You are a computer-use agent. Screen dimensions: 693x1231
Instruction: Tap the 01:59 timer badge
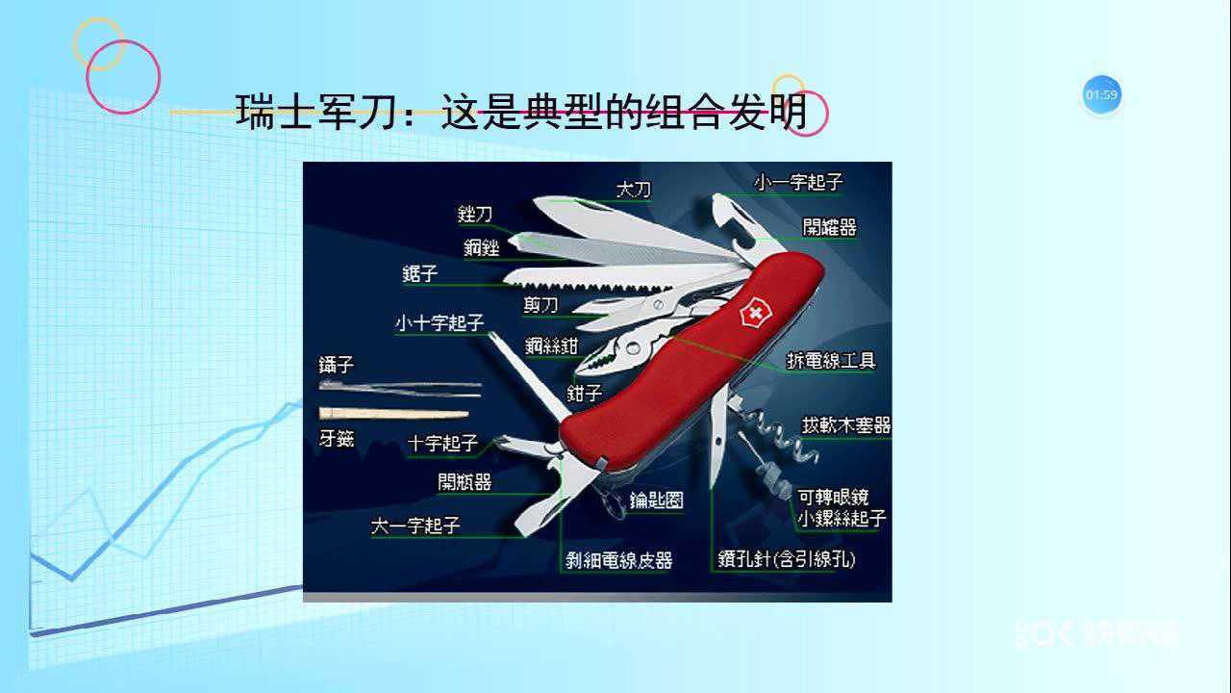pyautogui.click(x=1101, y=95)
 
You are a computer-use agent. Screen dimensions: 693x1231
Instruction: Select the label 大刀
pyautogui.click(x=633, y=190)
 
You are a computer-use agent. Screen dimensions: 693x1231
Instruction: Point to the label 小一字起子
pyautogui.click(x=798, y=182)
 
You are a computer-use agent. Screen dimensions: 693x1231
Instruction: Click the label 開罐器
pyautogui.click(x=829, y=227)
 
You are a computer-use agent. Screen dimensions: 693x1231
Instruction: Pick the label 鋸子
pyautogui.click(x=420, y=274)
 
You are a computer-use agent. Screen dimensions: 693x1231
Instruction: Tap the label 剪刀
pyautogui.click(x=540, y=306)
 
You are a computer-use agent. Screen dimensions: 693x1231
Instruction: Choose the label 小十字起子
pyautogui.click(x=439, y=323)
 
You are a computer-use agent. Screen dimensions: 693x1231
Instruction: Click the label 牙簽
pyautogui.click(x=337, y=438)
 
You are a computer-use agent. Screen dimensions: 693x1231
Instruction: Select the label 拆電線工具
pyautogui.click(x=831, y=361)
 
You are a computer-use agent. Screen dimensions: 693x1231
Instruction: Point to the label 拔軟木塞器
pyautogui.click(x=846, y=424)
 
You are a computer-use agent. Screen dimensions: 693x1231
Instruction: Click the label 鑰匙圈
pyautogui.click(x=656, y=500)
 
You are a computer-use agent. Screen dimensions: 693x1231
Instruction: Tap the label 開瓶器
pyautogui.click(x=465, y=481)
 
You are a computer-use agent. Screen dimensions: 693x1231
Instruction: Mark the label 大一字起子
pyautogui.click(x=415, y=526)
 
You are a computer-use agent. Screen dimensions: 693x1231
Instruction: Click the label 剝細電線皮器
pyautogui.click(x=618, y=560)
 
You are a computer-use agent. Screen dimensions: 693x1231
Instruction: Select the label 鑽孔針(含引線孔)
pyautogui.click(x=786, y=559)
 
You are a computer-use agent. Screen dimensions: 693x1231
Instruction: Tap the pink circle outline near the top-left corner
pyautogui.click(x=123, y=77)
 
